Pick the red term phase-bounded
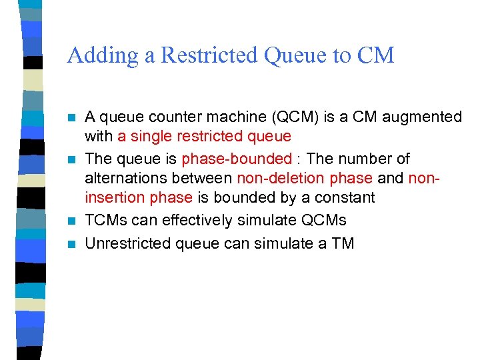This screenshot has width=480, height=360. [x=237, y=159]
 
